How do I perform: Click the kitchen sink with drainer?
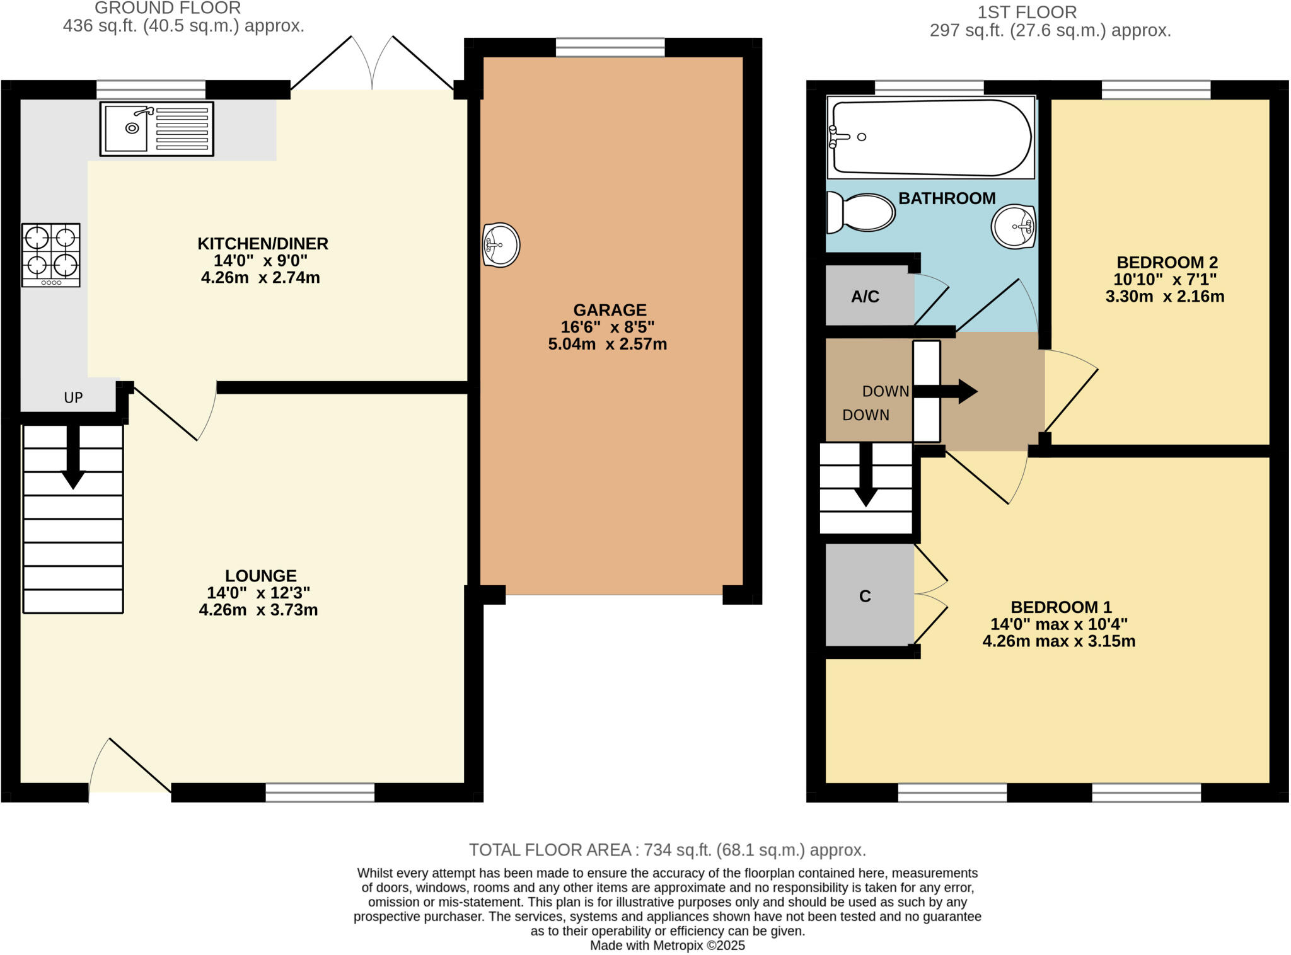click(x=156, y=129)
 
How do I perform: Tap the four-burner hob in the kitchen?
click(x=51, y=254)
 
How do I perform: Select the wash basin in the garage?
click(x=501, y=245)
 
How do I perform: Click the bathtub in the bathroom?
click(x=931, y=137)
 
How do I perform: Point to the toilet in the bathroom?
click(x=861, y=212)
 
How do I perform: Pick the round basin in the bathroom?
click(x=1013, y=226)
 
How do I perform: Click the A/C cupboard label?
click(x=865, y=297)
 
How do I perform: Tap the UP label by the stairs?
click(x=73, y=397)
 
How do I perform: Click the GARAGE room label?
click(x=610, y=310)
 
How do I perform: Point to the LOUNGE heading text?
click(x=261, y=576)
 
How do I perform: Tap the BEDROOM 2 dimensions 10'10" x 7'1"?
click(x=1165, y=280)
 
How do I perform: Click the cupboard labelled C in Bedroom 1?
click(x=865, y=596)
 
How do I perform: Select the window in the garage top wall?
click(x=610, y=47)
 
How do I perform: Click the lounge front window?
click(x=320, y=792)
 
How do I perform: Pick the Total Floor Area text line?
click(x=667, y=850)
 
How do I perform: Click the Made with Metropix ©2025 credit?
click(x=667, y=946)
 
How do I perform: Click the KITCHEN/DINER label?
click(x=263, y=244)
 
